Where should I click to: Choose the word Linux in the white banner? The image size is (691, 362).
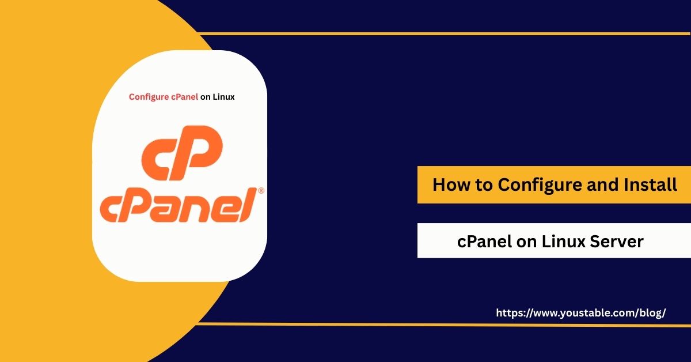tap(564, 242)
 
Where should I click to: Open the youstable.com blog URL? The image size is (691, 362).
tap(580, 312)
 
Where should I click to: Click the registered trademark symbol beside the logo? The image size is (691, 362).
tap(260, 190)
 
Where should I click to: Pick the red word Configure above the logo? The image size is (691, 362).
tap(149, 97)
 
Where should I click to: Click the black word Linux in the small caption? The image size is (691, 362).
tap(223, 97)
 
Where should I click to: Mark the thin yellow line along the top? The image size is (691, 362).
tap(443, 33)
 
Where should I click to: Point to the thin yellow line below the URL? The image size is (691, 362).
tap(443, 325)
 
